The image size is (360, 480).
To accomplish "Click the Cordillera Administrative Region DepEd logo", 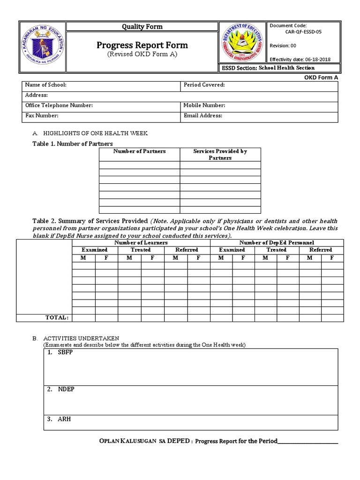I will coord(242,45).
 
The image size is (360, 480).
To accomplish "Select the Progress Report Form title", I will coord(142,45).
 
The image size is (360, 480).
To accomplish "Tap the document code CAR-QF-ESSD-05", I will coord(303,32).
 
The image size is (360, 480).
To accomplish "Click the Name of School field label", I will coord(45,85).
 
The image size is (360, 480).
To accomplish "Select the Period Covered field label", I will coord(204,85).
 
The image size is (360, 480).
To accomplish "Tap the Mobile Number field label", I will coord(204,105).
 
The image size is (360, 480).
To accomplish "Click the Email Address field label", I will coord(203,116).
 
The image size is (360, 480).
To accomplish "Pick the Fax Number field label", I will coord(42,116).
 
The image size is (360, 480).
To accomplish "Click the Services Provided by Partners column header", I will coord(220,155).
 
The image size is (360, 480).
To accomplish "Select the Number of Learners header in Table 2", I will coord(141,243).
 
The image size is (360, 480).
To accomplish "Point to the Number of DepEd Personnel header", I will coord(277,243).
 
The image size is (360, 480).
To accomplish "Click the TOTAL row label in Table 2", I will coord(57,317).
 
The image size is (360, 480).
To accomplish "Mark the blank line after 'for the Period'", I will coord(308,442).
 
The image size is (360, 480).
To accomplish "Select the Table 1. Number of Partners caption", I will coord(73,143).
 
